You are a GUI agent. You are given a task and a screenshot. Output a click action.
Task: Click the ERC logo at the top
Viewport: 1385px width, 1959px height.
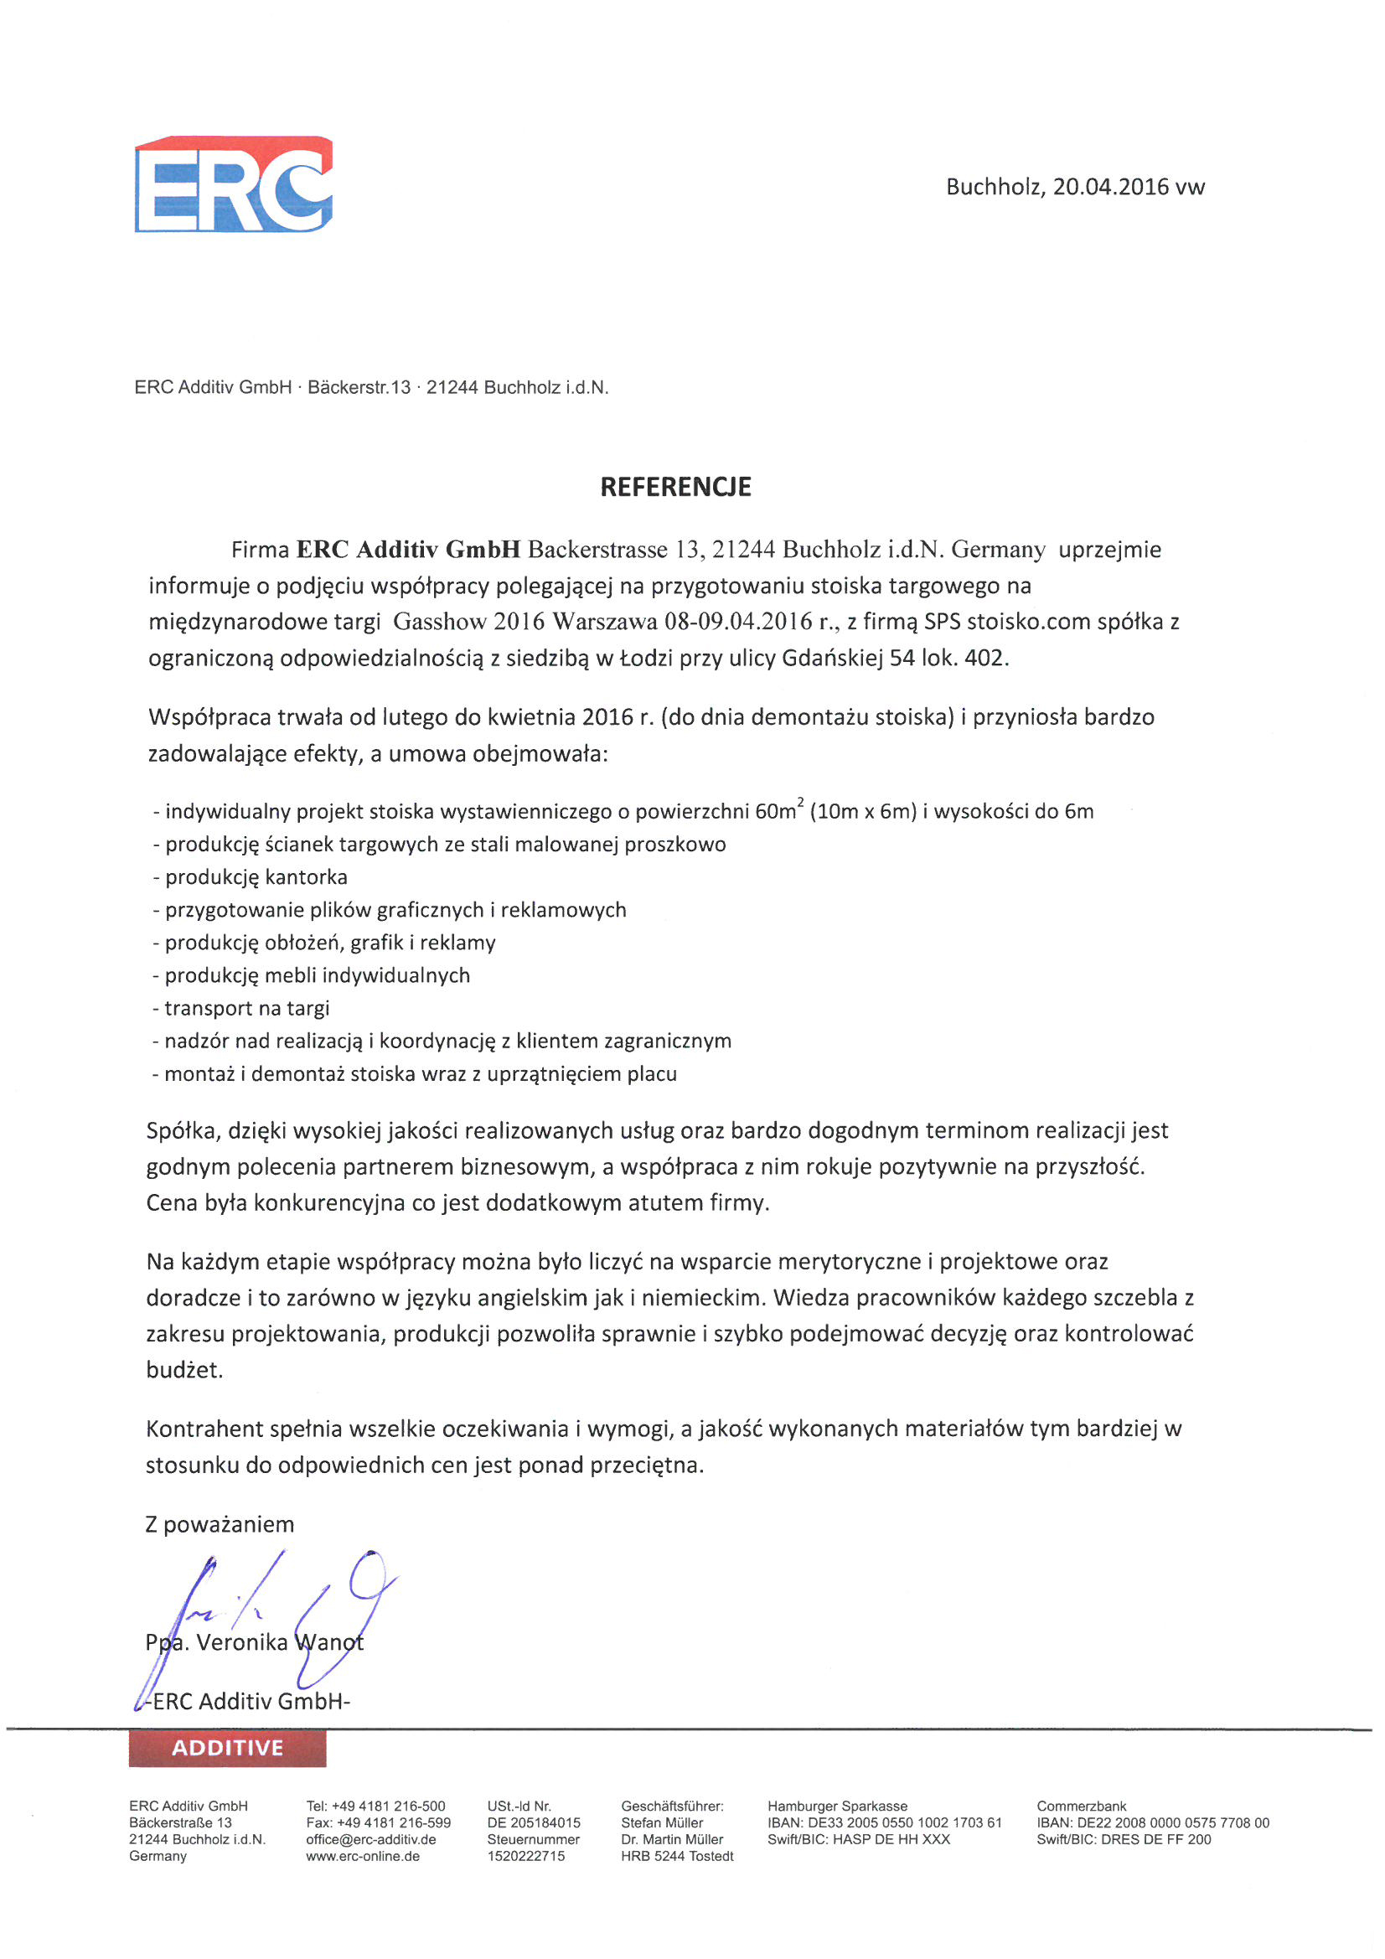233,183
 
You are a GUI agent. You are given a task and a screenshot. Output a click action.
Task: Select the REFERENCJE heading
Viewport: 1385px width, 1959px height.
675,487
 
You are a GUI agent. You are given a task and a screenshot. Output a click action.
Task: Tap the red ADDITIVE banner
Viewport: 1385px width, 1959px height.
227,1748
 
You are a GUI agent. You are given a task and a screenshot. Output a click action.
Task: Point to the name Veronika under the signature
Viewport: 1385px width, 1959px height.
242,1642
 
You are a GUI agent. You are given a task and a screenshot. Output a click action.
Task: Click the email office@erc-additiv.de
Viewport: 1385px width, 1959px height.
371,1839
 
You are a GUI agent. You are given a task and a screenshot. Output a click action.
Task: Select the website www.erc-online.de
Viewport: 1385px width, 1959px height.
363,1856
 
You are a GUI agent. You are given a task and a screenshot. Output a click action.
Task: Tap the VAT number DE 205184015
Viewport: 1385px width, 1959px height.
534,1822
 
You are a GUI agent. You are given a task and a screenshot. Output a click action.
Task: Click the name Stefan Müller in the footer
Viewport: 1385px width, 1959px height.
661,1822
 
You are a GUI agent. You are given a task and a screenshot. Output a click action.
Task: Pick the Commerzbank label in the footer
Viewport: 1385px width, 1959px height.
1081,1807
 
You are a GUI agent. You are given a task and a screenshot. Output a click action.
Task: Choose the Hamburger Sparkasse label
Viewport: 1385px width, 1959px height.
837,1807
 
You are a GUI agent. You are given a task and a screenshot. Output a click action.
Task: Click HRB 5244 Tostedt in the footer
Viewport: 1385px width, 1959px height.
677,1856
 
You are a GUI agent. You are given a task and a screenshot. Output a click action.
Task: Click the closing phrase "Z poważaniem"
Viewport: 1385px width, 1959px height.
220,1525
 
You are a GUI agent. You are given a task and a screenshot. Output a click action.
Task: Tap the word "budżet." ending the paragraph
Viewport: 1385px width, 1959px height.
184,1370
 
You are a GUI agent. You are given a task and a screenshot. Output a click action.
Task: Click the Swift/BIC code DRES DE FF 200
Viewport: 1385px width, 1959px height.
1156,1839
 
